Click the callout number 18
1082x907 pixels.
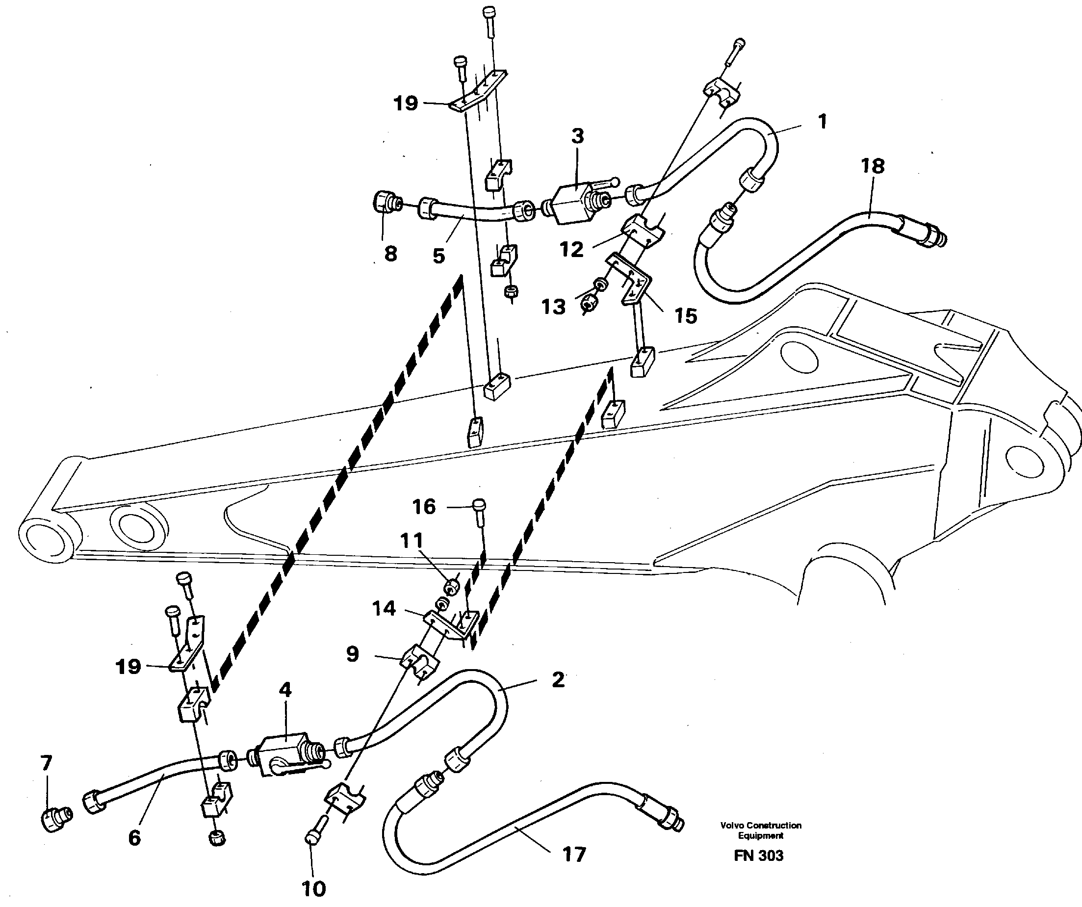(872, 166)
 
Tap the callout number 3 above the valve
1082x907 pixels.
(578, 136)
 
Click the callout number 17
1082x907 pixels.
(574, 855)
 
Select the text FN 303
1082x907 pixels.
(758, 855)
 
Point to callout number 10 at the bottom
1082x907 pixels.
(313, 888)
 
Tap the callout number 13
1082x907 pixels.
(553, 307)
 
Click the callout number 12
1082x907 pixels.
(571, 249)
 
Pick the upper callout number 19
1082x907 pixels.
(406, 103)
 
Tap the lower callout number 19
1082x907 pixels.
(129, 666)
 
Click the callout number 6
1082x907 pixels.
(134, 837)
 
